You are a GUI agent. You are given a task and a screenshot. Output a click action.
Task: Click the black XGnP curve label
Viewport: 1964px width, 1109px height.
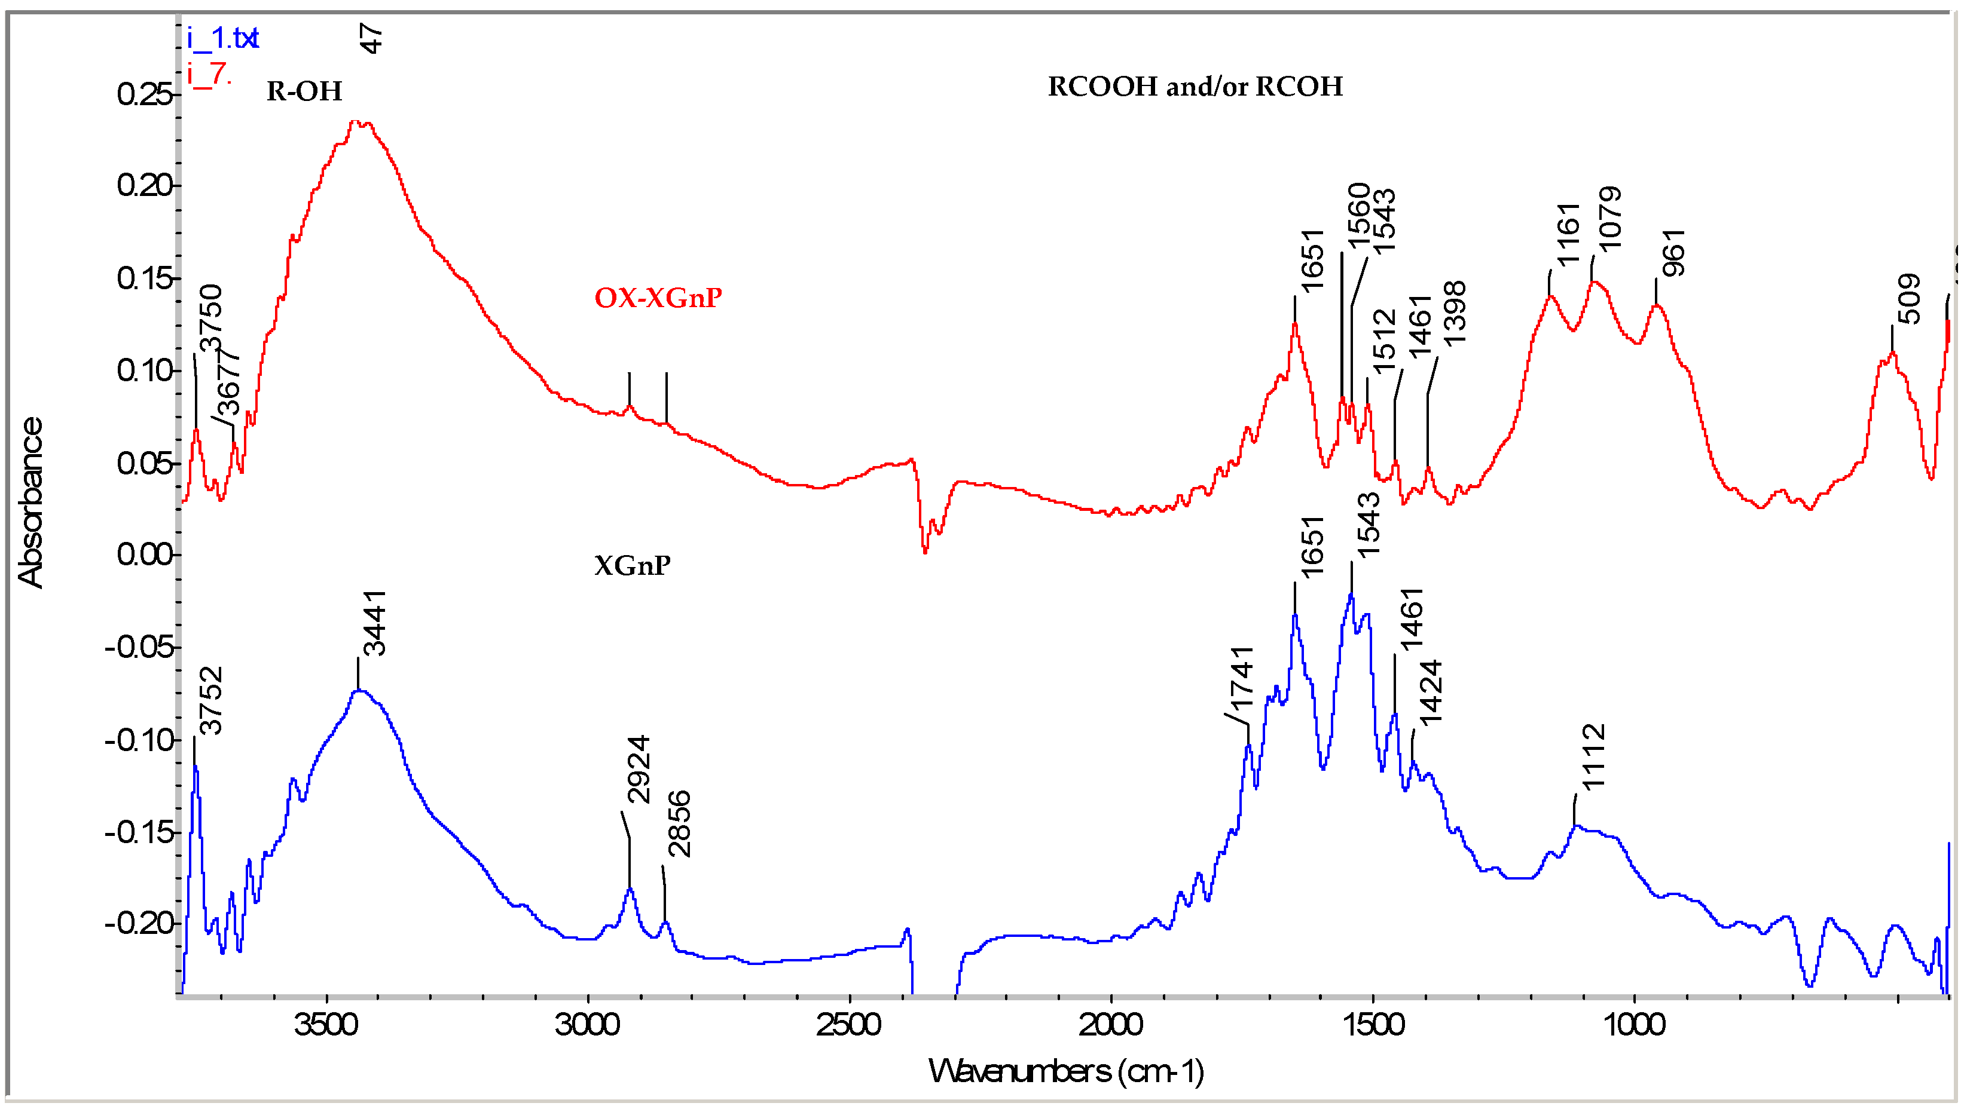pos(632,565)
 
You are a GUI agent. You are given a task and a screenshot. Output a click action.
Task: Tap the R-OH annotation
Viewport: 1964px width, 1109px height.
pos(304,91)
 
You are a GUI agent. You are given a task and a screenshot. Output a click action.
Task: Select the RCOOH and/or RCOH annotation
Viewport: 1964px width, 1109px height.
pos(1195,87)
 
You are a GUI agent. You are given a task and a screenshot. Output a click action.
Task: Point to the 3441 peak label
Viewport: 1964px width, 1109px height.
pos(374,623)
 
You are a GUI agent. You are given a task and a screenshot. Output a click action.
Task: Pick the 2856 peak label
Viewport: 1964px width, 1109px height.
pos(678,824)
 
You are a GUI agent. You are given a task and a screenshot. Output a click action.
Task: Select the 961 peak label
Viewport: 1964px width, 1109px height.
pos(1673,252)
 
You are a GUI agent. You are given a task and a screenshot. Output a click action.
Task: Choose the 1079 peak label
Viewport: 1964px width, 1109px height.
pos(1609,219)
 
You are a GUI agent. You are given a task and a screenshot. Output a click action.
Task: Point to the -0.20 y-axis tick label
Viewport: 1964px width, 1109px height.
pos(141,924)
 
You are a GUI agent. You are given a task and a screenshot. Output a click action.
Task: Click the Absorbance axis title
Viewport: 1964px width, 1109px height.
pos(30,503)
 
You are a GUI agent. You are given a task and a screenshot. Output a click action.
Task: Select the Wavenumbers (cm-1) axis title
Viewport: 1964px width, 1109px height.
pos(1066,1071)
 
